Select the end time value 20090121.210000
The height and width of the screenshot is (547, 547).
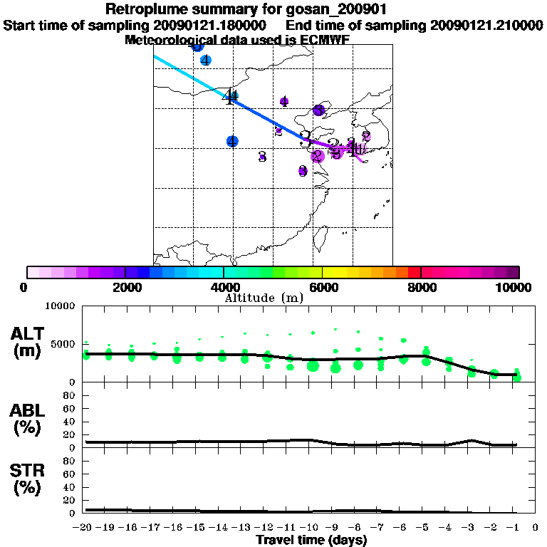point(487,26)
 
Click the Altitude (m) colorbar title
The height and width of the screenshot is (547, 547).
point(264,298)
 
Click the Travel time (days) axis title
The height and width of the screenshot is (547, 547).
point(311,541)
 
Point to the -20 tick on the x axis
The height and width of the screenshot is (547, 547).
point(83,527)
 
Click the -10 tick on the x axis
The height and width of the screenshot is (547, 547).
point(312,527)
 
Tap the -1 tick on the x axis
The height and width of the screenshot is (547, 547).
point(516,527)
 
